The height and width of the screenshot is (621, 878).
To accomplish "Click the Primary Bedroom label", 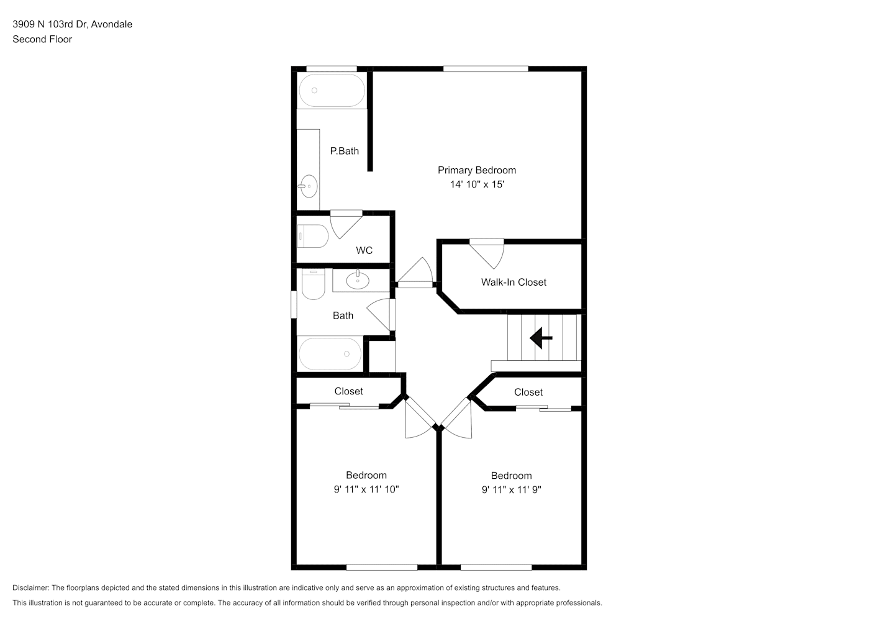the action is click(477, 170).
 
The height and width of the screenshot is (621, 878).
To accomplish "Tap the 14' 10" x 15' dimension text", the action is click(477, 184).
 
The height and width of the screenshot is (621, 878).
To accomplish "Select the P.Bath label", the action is click(344, 151).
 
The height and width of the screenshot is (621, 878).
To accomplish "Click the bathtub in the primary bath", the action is click(332, 91).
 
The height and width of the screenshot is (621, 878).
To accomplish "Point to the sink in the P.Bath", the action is click(309, 186).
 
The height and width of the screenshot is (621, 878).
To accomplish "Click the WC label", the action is click(364, 250).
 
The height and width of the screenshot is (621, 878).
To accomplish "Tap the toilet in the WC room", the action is click(312, 236).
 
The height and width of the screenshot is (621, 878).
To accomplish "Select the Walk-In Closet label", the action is click(514, 283).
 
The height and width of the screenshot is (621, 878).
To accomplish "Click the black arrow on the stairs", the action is click(541, 338).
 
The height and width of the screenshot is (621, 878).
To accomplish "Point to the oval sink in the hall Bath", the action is click(358, 280).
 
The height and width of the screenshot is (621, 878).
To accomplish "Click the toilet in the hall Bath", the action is click(313, 284).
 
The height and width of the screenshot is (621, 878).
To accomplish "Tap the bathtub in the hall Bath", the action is click(330, 353).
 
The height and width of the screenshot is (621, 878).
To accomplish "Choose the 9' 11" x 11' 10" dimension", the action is click(366, 489).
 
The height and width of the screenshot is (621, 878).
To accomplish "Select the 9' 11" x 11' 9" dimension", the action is click(511, 490).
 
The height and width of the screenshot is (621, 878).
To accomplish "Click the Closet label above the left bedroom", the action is click(348, 391).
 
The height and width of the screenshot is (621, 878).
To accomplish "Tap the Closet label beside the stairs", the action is click(528, 392).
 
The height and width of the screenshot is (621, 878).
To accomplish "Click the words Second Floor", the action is click(42, 39).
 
